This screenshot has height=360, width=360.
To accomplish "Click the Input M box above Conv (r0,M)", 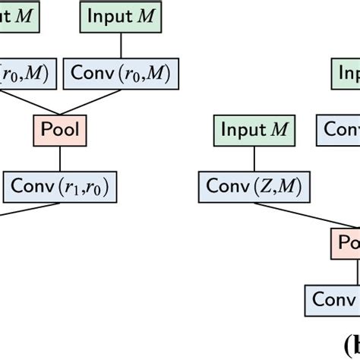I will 118,16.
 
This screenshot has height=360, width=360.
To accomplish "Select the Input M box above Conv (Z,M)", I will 254,130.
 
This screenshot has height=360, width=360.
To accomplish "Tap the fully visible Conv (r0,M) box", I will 121,74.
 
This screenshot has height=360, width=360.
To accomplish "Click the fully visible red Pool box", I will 59,129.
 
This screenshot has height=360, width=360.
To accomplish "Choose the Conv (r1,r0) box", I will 62,185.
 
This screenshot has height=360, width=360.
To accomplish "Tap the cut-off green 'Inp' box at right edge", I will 345,74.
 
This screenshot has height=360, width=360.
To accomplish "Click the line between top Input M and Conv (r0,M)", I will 119,45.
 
